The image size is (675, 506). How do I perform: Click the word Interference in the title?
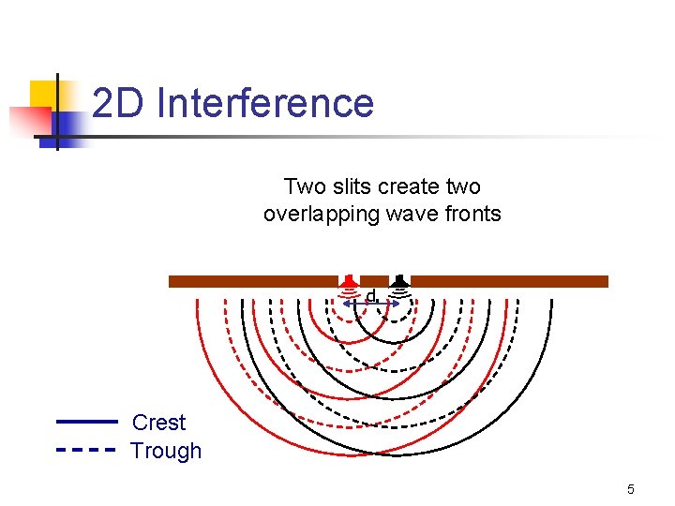pos(266,103)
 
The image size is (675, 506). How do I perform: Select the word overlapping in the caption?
pos(320,214)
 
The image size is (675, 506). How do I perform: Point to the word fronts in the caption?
pos(474,214)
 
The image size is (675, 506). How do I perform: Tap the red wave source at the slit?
pos(348,281)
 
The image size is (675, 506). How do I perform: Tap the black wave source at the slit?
pos(400,281)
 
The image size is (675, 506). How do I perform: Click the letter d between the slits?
pos(371,296)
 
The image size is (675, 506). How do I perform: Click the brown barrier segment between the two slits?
pos(374,281)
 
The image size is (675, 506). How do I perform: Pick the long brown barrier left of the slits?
pos(253,281)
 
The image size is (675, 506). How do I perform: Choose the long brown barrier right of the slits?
pos(509,281)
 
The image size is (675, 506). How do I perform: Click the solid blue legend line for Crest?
pos(86,423)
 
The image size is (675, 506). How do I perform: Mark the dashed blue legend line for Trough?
pos(86,450)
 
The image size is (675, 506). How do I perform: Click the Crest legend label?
pos(158,423)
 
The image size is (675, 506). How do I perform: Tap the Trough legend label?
pos(166,451)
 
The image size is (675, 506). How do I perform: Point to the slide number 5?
pos(631,489)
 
